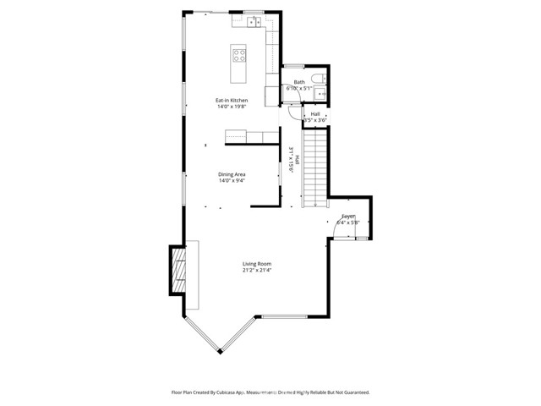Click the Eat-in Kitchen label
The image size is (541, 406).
[232, 101]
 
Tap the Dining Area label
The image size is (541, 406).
[232, 174]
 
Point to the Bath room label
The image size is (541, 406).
[299, 82]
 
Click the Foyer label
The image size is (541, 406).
[348, 217]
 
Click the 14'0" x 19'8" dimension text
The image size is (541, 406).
[232, 107]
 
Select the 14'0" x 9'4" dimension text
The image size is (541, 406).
[232, 181]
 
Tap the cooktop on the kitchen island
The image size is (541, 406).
[239, 57]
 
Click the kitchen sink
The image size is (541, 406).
[256, 24]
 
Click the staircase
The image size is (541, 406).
[314, 165]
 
